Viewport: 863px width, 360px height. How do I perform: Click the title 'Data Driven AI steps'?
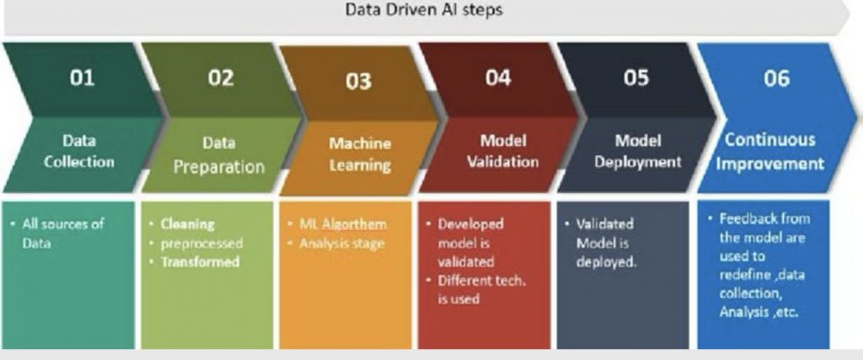[x=424, y=10]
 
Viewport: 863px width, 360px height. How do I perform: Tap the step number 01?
[x=82, y=78]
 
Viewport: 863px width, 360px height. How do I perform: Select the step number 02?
[x=221, y=78]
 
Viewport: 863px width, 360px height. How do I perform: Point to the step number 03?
[x=359, y=81]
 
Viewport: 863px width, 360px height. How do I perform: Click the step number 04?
[x=498, y=78]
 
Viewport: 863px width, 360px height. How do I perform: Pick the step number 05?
[x=636, y=78]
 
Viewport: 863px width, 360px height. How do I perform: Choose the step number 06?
[x=776, y=78]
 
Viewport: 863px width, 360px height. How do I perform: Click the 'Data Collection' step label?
[x=79, y=152]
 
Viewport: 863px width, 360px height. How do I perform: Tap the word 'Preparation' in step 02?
[x=219, y=167]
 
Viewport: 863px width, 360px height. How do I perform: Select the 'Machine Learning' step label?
[x=360, y=154]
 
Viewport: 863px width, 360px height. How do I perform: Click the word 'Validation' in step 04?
[x=502, y=162]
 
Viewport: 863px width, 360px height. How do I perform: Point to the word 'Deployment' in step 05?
[x=638, y=162]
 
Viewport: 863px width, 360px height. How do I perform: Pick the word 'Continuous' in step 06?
[x=769, y=140]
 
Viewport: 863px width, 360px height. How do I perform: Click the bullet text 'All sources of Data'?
[x=62, y=234]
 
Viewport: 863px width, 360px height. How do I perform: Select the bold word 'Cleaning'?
[x=187, y=224]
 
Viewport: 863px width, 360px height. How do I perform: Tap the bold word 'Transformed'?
[x=200, y=262]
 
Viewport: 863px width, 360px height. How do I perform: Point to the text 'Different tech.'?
[x=481, y=281]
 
